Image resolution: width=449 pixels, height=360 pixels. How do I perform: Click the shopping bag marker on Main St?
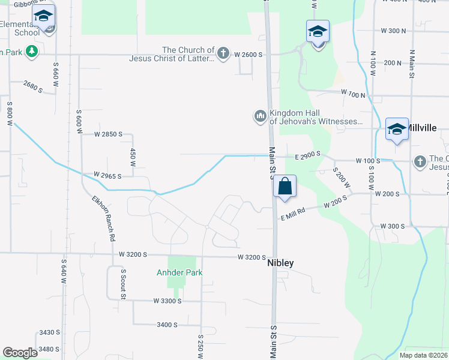coord(285,186)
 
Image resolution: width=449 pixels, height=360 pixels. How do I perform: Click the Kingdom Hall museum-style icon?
coord(260,115)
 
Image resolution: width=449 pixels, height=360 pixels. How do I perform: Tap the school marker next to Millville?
coord(397,130)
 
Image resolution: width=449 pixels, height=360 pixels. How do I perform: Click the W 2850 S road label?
coord(108,134)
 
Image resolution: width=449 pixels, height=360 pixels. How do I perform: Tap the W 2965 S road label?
coord(107,176)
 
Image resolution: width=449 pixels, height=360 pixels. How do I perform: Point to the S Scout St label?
coord(122,284)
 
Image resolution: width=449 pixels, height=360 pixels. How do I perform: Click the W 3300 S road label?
coord(167,301)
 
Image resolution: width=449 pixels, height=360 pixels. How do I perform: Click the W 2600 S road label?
coord(249,55)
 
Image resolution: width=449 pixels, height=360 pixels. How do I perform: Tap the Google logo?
coord(20,353)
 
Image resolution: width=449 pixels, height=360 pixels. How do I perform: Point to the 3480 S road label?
coord(49,349)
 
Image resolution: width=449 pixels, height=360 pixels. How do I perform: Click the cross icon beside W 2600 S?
coord(223,53)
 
